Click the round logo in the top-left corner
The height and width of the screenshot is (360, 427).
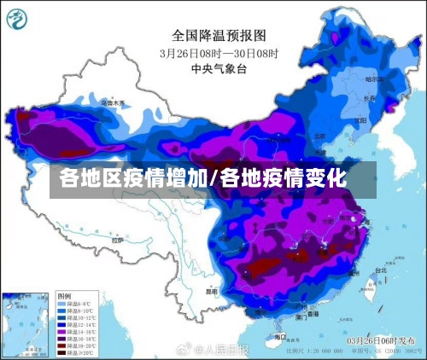pyautogui.click(x=19, y=19)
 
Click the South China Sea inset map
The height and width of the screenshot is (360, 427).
pyautogui.click(x=26, y=323)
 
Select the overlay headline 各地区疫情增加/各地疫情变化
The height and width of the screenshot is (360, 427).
pyautogui.click(x=202, y=179)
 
